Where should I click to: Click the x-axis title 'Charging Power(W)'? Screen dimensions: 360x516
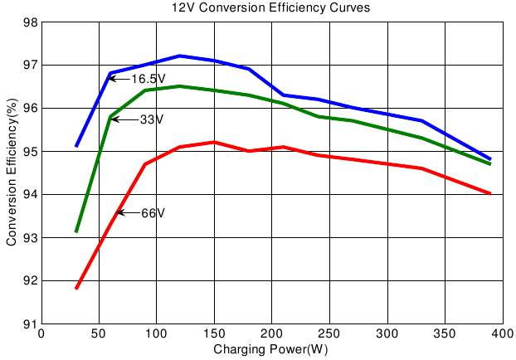point(270,349)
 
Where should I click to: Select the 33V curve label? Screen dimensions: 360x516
point(151,119)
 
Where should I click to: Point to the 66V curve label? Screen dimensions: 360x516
point(153,213)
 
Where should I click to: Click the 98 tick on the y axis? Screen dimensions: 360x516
point(29,22)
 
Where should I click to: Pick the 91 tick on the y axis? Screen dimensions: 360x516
point(29,324)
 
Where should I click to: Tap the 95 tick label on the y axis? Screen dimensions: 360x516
point(29,151)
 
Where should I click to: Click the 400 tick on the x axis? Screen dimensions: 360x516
point(502,334)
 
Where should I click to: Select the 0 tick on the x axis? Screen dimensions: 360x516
point(41,334)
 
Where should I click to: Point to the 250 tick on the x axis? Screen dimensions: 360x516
point(329,334)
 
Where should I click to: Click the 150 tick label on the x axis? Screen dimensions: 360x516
point(214,334)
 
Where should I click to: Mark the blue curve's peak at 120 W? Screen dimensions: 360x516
point(180,56)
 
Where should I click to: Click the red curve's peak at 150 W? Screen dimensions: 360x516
point(214,142)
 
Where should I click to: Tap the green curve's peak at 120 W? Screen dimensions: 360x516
point(180,86)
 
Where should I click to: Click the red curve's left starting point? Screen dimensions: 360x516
point(76,288)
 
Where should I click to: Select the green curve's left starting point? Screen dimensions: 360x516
point(76,231)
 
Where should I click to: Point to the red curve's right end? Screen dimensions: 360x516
point(490,193)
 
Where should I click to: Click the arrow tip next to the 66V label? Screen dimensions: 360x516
point(117,213)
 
